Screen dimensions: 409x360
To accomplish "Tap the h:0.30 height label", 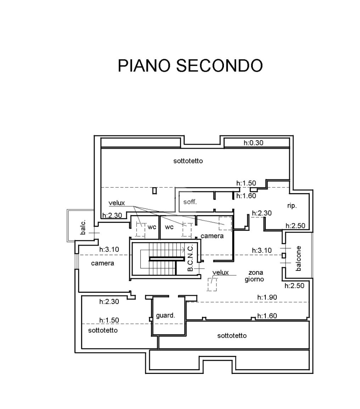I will tap(253, 143).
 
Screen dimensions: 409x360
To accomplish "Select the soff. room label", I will tap(190, 202).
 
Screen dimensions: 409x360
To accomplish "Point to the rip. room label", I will tap(292, 206).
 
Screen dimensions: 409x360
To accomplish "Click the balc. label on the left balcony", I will tap(83, 227).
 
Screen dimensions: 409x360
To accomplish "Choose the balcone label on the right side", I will tap(299, 258).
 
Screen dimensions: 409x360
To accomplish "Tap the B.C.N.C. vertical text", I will tap(190, 258).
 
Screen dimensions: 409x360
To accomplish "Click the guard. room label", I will tap(165, 315).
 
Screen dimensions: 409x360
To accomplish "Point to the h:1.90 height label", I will tap(267, 297).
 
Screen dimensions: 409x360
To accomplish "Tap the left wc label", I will tap(152, 227).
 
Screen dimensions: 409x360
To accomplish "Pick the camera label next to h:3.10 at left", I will tap(102, 263).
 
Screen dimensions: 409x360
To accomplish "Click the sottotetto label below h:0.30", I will tap(188, 161).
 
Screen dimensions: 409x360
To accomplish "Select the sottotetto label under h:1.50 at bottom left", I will tap(103, 330).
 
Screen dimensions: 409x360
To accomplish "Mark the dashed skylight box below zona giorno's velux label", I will tap(212, 284).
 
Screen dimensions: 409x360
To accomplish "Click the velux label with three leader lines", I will tap(117, 203).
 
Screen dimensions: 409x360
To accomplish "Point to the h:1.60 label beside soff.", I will tap(246, 196).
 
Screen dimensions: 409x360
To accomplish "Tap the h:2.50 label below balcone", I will tap(294, 286).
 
